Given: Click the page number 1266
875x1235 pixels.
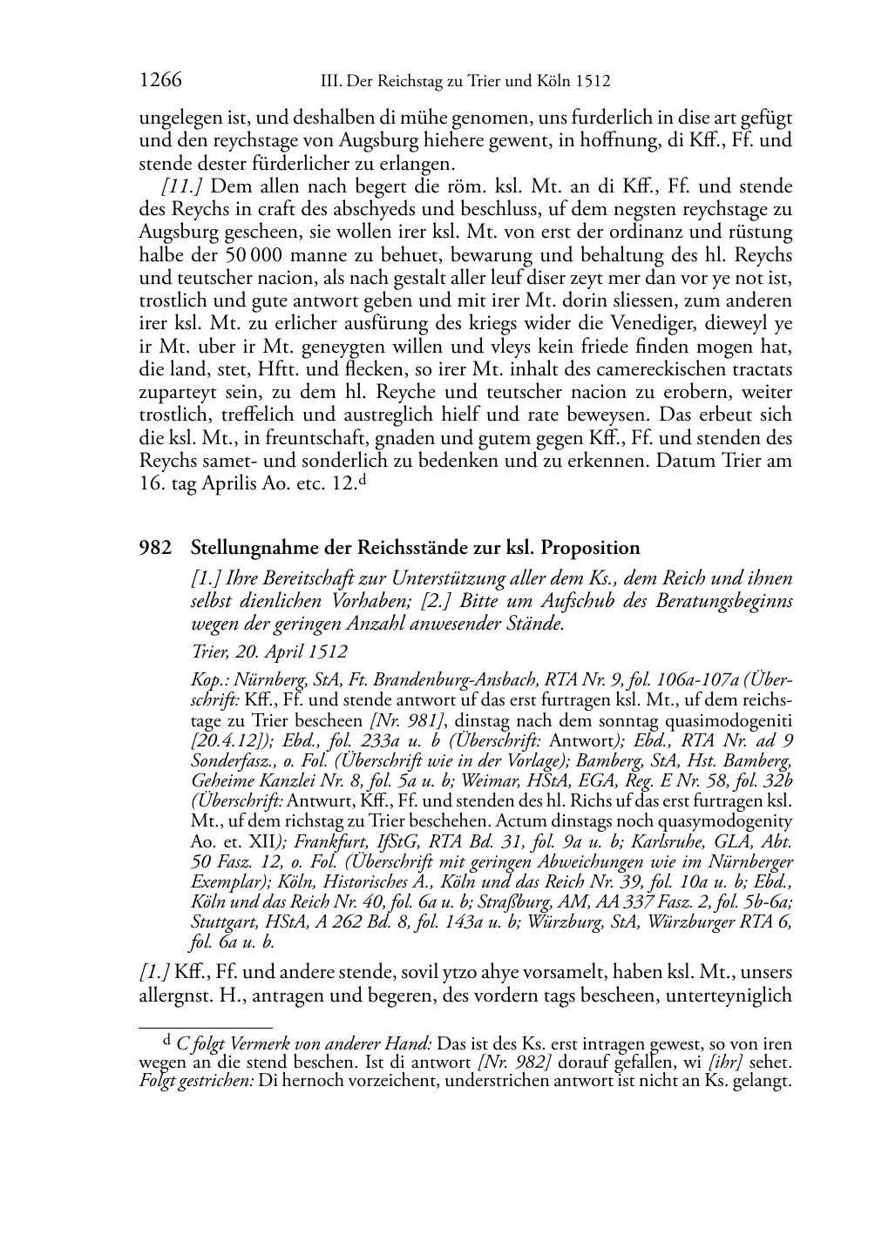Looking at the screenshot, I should pos(160,81).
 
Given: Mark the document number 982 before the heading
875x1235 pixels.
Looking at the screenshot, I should pos(153,548).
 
